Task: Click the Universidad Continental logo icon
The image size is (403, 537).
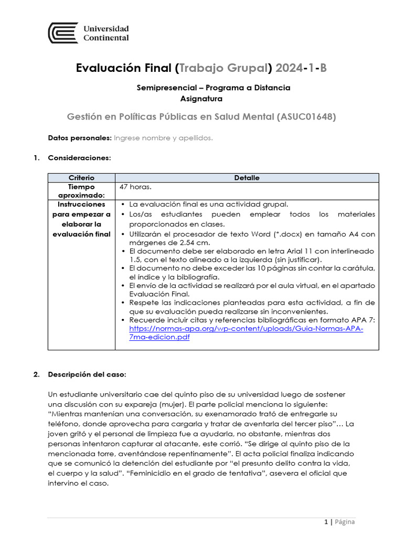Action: coord(63,33)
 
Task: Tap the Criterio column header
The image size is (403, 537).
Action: coord(81,178)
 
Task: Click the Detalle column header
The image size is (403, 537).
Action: coord(247,178)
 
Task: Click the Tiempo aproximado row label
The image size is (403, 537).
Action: coord(81,191)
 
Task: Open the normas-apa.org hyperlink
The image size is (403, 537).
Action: coord(246,329)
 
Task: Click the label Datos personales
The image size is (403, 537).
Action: coord(79,138)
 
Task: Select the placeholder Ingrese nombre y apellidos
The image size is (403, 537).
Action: coord(163,138)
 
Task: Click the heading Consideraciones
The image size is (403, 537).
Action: coord(79,157)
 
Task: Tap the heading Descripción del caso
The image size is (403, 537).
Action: coord(87,374)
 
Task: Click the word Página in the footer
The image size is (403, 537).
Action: coord(344,522)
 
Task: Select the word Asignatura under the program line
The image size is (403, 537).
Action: coord(201,98)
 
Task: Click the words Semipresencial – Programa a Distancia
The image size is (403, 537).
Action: coord(213,88)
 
